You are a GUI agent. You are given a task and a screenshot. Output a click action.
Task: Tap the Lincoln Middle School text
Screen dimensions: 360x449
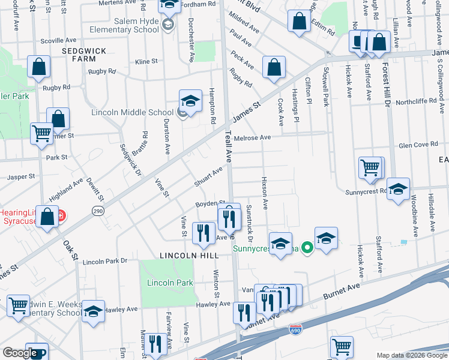132,112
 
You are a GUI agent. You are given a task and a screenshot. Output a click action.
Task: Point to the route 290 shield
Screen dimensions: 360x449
97,211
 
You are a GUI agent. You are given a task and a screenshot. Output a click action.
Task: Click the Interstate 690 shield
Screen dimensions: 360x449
306,329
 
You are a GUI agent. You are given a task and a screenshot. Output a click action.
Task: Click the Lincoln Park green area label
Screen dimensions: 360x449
169,283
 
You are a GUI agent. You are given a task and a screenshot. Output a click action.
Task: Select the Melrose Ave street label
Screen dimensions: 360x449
253,137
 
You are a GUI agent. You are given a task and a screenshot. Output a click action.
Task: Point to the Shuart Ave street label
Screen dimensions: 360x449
208,176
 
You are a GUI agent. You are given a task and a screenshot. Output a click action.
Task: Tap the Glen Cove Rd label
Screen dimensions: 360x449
418,145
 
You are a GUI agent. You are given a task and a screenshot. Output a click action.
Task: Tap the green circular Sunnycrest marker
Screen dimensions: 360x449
306,247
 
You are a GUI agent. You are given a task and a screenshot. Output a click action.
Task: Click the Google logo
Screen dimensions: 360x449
19,353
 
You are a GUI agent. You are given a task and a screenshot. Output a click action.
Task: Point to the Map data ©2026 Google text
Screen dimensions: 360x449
411,355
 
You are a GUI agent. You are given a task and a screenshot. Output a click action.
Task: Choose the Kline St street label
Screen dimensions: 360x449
146,61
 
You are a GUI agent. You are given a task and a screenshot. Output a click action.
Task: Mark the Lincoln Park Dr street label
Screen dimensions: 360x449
106,262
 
